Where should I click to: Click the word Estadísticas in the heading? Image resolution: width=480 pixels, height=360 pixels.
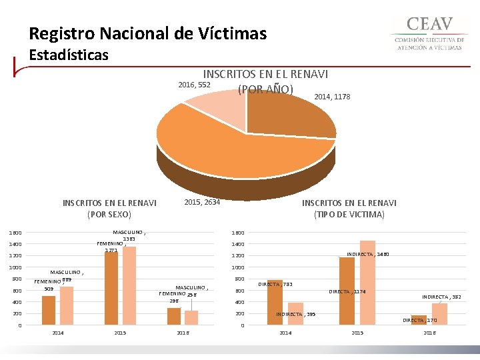point(69,55)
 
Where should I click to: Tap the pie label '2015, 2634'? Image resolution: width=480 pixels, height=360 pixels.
point(202,202)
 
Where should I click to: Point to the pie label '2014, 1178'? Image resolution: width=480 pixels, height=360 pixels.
point(332,97)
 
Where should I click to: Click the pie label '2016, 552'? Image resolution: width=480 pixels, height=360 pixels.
point(194,85)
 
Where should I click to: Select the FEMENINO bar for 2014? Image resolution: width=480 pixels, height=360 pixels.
point(49,310)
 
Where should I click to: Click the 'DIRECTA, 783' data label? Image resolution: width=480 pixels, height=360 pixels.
point(275,285)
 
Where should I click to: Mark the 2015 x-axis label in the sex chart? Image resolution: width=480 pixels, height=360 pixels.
point(121,333)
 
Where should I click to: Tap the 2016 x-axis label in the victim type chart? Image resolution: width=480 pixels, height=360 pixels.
point(430,333)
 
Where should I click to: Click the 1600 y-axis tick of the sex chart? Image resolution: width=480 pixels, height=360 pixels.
point(15,233)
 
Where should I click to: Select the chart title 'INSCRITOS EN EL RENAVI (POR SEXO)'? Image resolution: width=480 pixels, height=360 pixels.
point(109,209)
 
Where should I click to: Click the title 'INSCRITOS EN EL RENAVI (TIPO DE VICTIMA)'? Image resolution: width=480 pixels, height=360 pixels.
point(349,209)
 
